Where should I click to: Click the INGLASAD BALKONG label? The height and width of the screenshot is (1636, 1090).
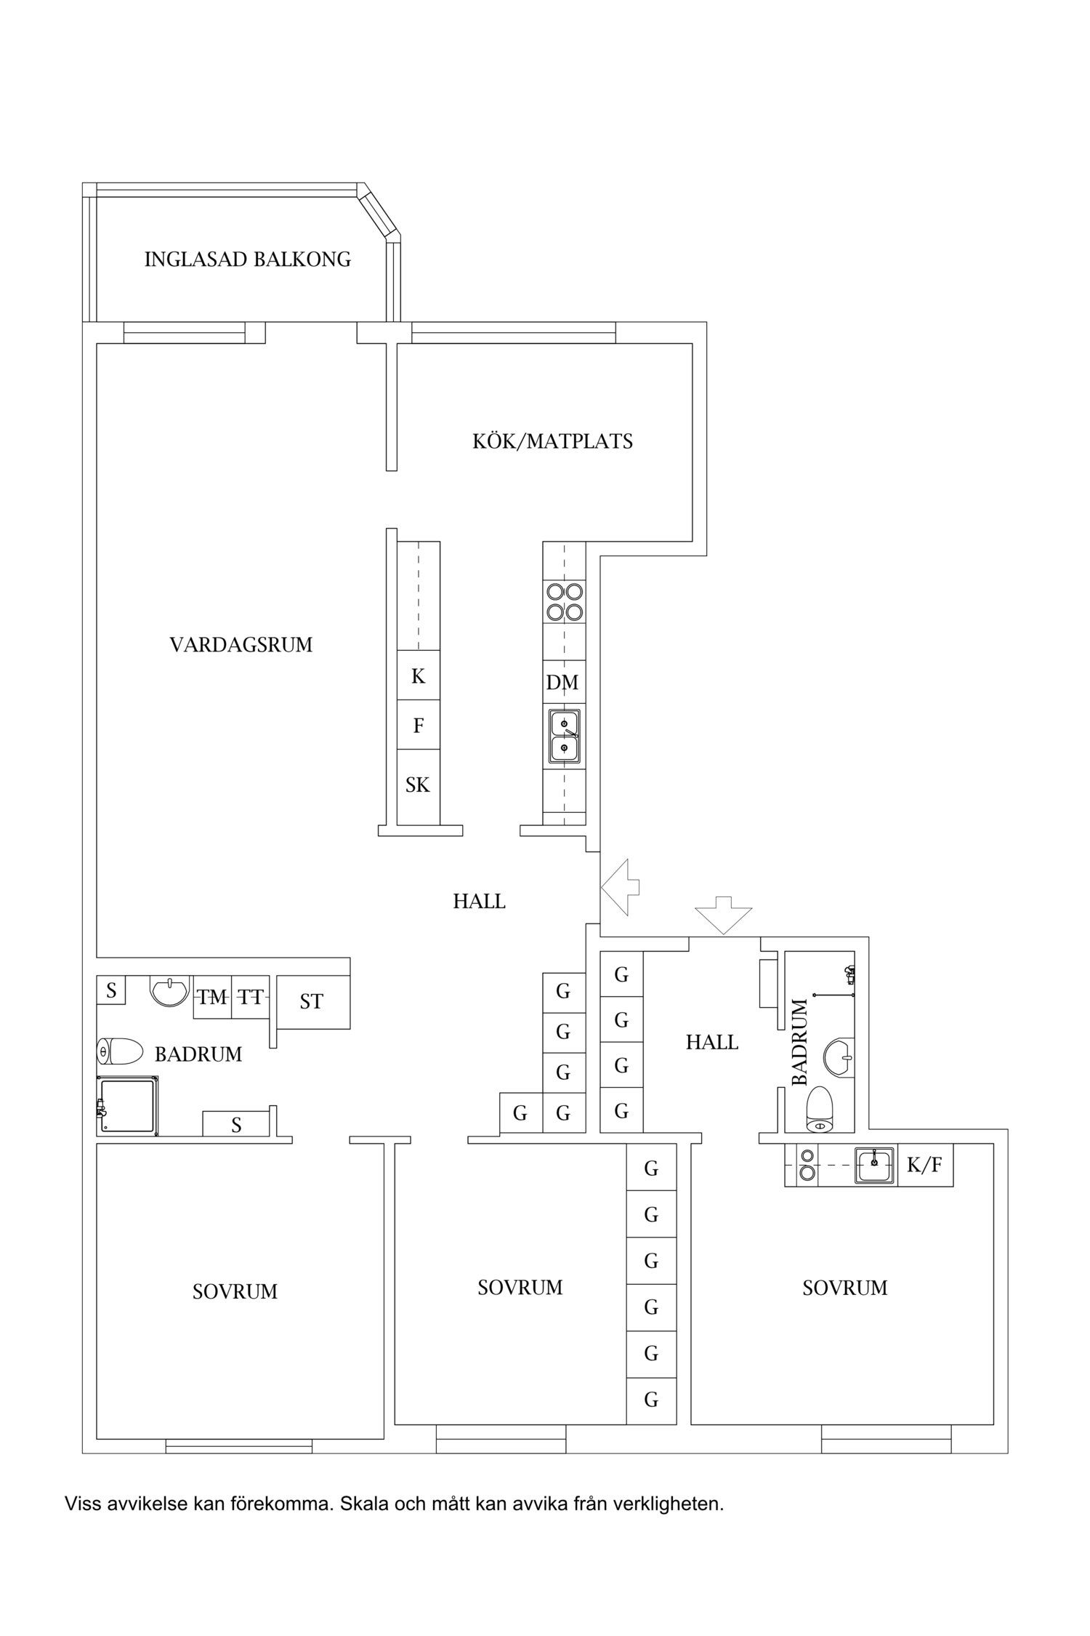coord(247,260)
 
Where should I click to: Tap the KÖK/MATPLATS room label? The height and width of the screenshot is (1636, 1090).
coord(552,441)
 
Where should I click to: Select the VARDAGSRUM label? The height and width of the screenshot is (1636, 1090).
coord(241,645)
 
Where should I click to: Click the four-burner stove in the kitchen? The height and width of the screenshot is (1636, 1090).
coord(565,601)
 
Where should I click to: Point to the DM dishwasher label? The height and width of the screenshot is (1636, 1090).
coord(562,682)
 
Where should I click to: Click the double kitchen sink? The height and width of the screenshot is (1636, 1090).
coord(565,737)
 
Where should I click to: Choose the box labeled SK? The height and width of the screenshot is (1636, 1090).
coord(418,786)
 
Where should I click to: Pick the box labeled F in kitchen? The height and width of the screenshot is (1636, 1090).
coord(418,725)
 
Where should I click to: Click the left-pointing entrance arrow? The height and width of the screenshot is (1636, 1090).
coord(620,886)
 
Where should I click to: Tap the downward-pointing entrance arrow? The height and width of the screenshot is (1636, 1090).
coord(724,915)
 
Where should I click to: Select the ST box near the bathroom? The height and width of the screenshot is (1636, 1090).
coord(312,1002)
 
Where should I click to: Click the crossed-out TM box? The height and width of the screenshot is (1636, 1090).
coord(212,998)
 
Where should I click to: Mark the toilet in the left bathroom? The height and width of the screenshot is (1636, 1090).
coord(120,1051)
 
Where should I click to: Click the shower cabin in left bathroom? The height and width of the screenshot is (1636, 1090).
coord(128,1106)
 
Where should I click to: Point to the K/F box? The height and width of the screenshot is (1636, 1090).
coord(924,1165)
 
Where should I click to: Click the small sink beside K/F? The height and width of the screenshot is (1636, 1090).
coord(874,1165)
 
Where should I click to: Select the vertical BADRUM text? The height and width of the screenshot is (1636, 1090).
coord(799,1043)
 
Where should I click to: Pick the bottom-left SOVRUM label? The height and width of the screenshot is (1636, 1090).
coord(235,1292)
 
